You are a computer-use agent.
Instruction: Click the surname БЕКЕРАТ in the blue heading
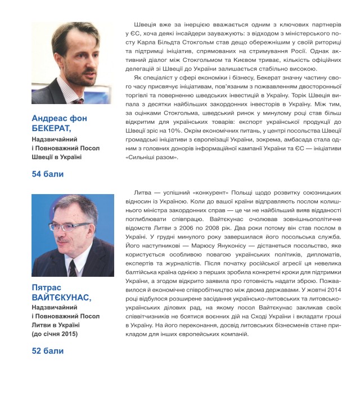pos(52,129)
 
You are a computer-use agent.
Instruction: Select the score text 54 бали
pos(48,174)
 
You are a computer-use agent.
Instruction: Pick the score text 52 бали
pos(48,351)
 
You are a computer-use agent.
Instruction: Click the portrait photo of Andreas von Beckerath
pos(73,64)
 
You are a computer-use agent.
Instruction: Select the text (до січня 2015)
pos(55,333)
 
